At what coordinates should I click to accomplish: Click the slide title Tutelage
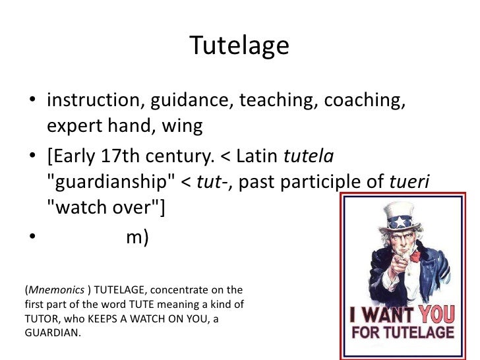239,45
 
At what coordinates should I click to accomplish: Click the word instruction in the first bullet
95,102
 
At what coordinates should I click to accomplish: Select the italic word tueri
413,183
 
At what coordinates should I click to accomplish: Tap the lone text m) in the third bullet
137,238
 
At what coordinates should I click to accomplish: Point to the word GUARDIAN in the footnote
50,333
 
